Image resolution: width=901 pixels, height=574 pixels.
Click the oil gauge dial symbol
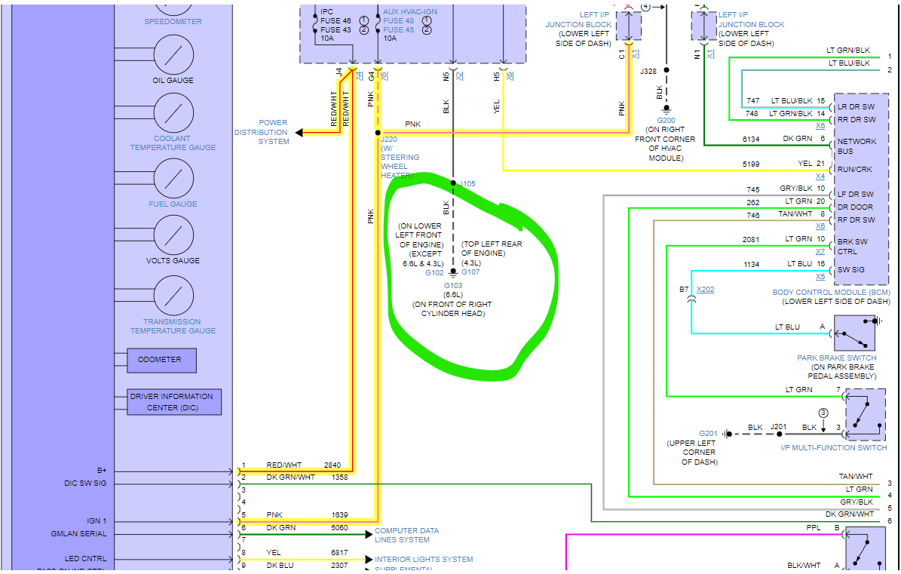tap(174, 54)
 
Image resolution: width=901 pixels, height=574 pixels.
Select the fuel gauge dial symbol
tap(174, 178)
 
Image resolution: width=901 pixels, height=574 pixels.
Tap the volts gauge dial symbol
tap(174, 235)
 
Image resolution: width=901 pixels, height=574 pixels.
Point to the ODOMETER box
tap(161, 361)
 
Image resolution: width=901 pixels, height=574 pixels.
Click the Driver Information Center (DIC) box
tap(174, 402)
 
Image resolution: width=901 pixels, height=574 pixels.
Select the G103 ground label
tap(452, 285)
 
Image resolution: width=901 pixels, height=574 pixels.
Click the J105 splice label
tap(467, 183)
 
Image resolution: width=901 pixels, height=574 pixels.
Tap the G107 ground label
tap(470, 272)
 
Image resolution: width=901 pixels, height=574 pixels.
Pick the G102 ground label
tap(434, 272)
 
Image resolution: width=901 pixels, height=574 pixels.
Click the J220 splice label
tap(389, 140)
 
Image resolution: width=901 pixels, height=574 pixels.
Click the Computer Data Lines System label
tap(406, 535)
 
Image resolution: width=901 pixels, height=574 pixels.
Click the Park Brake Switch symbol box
tap(859, 333)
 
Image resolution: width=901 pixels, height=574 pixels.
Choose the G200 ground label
tap(666, 120)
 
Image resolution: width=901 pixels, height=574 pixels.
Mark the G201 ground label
tap(708, 433)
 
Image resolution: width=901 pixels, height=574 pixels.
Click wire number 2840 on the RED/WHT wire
tap(333, 465)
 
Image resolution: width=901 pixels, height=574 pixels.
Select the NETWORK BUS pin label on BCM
tap(857, 146)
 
